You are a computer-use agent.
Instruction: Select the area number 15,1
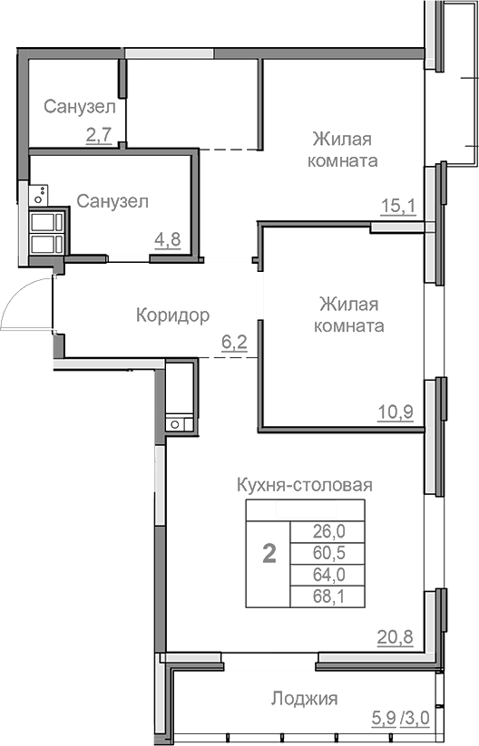(x=397, y=207)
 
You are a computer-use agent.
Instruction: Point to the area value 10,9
(x=396, y=412)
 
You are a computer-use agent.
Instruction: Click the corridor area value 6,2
(x=234, y=343)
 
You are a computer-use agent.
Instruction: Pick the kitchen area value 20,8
(x=396, y=636)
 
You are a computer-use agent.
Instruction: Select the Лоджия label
(x=304, y=699)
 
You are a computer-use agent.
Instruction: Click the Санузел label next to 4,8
(x=112, y=201)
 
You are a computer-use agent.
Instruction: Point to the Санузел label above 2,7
(x=79, y=107)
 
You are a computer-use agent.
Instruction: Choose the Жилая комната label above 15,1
(x=345, y=150)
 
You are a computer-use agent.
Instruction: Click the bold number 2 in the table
(x=269, y=554)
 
